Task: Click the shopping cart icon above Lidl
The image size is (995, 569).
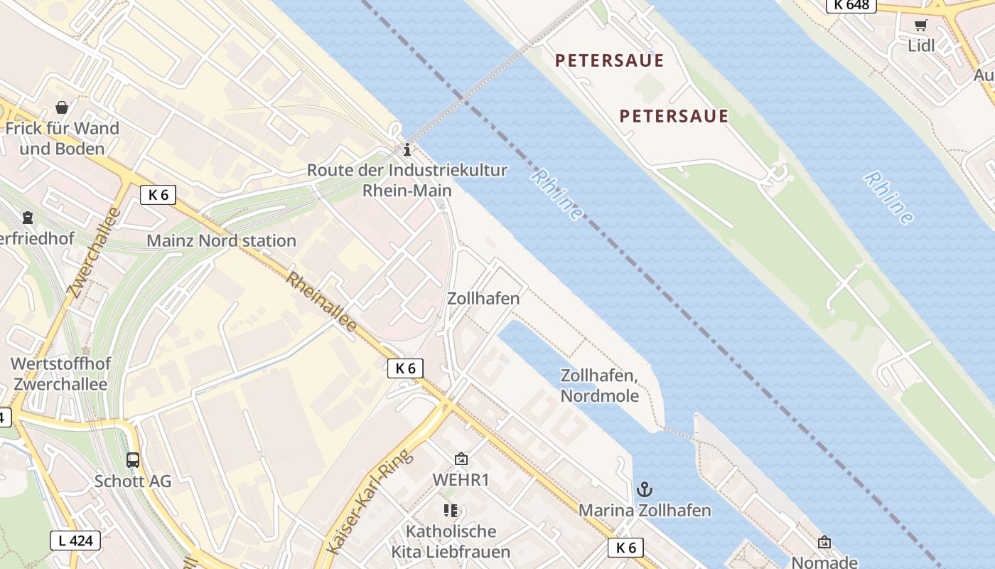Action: click(921, 26)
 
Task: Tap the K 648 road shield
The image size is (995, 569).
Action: click(851, 5)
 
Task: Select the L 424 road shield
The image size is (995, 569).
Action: click(75, 541)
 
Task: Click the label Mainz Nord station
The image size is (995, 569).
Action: click(221, 240)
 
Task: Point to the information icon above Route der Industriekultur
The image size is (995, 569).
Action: click(407, 149)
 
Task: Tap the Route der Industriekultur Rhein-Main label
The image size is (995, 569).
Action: click(407, 181)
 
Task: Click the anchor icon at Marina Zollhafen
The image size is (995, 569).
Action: click(644, 489)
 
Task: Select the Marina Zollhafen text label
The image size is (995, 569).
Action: click(644, 511)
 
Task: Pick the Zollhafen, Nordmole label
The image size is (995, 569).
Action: click(600, 385)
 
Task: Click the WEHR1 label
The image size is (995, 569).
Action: click(461, 480)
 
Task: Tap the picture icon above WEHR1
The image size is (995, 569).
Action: click(461, 459)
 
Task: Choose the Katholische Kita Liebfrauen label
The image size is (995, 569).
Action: click(451, 541)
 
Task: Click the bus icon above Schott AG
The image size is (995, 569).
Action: click(133, 459)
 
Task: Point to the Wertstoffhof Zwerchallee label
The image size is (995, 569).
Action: click(60, 374)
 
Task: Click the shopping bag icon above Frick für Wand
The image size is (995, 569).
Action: click(62, 108)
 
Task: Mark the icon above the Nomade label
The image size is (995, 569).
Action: click(824, 542)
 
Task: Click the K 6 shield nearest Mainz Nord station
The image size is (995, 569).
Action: click(158, 195)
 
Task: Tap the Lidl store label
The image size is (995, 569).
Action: click(921, 46)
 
